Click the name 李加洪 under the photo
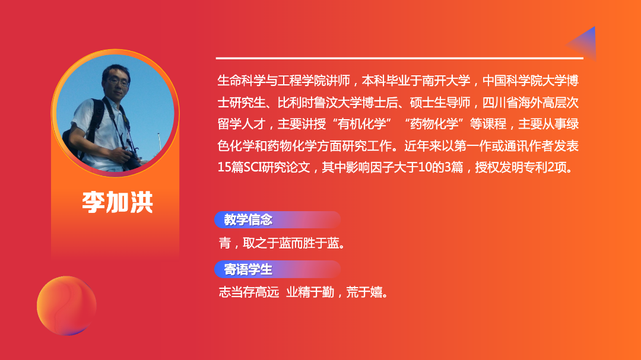(118, 202)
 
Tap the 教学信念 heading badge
(277, 220)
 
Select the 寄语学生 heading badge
(277, 269)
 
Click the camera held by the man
(131, 160)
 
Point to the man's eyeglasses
(119, 82)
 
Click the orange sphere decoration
(66, 305)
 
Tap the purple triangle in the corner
(582, 43)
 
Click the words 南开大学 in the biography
(446, 81)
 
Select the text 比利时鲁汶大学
(320, 103)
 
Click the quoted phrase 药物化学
(434, 124)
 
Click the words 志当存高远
(249, 292)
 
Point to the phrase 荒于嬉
(364, 292)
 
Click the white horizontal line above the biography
(399, 58)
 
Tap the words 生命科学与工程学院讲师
(284, 81)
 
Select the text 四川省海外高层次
(531, 103)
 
